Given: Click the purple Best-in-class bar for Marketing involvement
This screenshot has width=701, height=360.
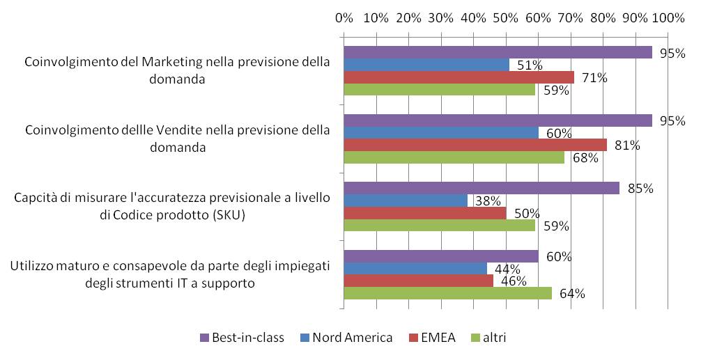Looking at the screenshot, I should click(x=498, y=52).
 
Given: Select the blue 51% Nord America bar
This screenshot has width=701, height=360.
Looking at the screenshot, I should click(x=426, y=65).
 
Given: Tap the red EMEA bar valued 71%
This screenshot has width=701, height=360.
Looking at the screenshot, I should click(x=459, y=77).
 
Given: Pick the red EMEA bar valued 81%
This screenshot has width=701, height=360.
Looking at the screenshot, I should click(x=475, y=145).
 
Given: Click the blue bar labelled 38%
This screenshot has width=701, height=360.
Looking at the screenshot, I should click(x=405, y=201).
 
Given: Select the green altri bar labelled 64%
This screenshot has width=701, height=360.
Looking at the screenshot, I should click(x=447, y=293).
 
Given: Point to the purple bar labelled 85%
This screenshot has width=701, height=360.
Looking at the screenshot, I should click(x=481, y=188).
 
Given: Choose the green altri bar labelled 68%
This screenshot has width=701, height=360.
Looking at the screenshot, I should click(x=454, y=157).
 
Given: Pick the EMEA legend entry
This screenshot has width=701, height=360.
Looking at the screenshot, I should click(x=437, y=338).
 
